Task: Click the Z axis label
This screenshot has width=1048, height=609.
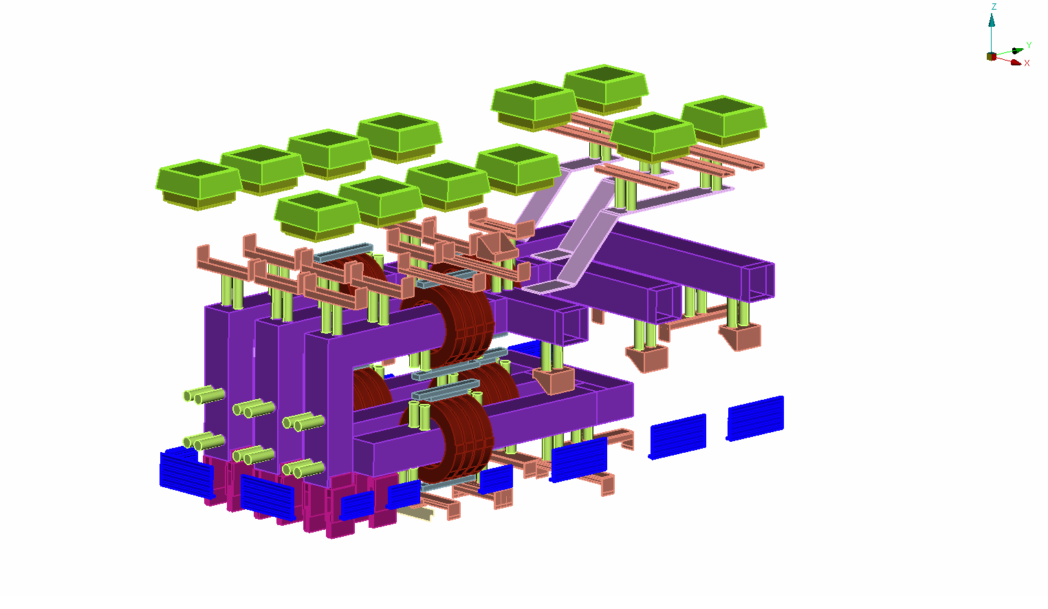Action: pos(994,7)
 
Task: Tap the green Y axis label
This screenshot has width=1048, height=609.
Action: pos(1029,45)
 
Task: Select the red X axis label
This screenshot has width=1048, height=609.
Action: pos(1027,63)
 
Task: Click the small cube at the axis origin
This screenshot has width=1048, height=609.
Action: pos(992,56)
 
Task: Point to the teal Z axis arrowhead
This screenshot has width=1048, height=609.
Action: pos(992,20)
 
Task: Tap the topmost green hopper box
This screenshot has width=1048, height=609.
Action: pos(605,89)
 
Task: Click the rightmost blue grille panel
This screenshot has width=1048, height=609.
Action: pos(755,418)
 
